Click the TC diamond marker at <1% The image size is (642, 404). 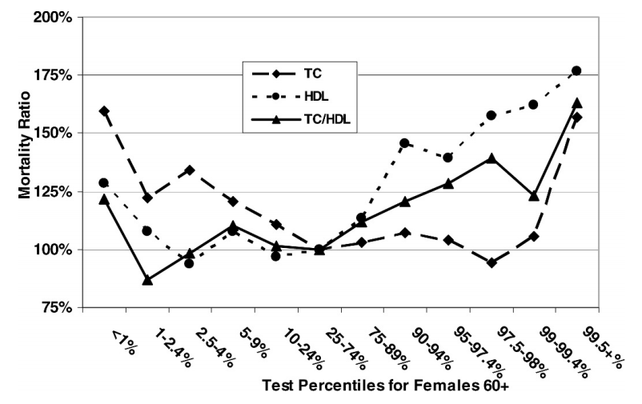(104, 110)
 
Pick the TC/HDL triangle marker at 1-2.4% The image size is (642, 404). (147, 280)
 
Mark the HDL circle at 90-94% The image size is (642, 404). (404, 143)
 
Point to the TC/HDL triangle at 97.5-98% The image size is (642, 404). (491, 158)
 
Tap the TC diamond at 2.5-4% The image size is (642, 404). (190, 170)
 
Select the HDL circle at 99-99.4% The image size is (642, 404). (533, 105)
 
